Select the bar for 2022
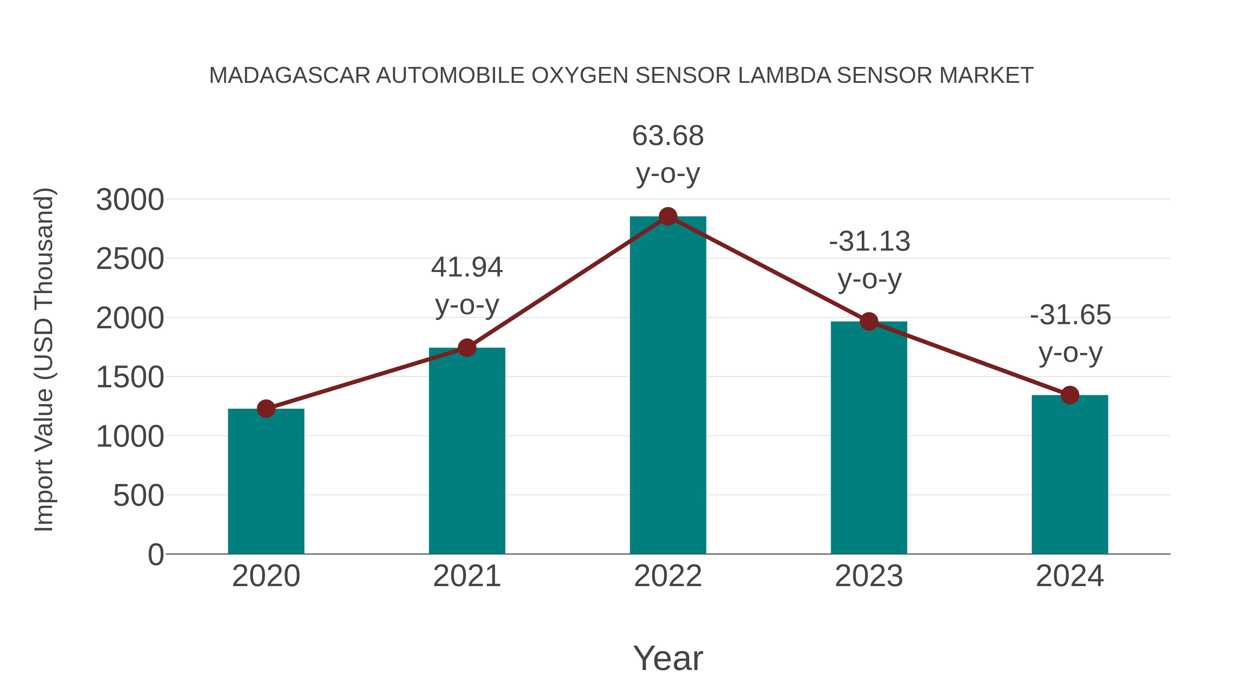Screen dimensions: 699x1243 (668, 386)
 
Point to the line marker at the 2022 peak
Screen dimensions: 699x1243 (668, 216)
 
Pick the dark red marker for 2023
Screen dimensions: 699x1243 (869, 321)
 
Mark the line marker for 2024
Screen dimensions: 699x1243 (1070, 395)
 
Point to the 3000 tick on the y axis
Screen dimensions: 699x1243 (130, 200)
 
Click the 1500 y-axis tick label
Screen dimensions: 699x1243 (130, 377)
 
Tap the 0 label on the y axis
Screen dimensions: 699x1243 (156, 555)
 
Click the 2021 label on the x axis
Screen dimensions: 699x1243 (466, 576)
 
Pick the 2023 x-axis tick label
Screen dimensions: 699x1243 (869, 576)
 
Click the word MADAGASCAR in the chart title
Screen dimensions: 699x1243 (290, 76)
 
